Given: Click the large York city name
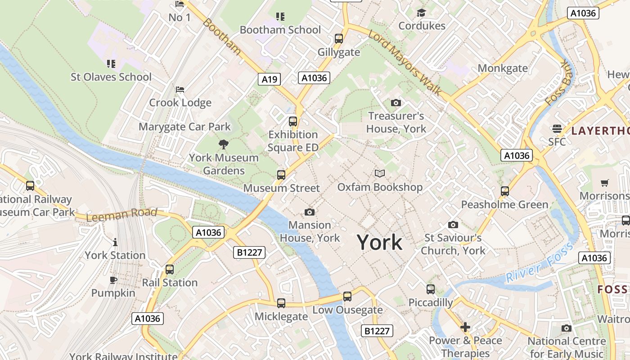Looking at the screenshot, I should tap(379, 243).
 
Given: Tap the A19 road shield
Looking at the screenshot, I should tap(270, 79).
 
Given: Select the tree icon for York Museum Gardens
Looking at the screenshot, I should tap(223, 144).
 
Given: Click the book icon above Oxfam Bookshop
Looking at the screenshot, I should tap(380, 173).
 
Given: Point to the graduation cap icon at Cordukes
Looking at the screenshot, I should tap(421, 13).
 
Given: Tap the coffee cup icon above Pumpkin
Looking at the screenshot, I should tap(113, 280).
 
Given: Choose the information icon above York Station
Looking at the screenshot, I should tap(115, 242).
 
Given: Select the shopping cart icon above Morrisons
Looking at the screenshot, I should tap(605, 183).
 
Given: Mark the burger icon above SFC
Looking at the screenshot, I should tap(557, 129).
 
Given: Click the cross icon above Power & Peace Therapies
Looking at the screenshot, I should tap(465, 327).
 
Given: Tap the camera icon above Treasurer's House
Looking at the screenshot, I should tap(396, 103).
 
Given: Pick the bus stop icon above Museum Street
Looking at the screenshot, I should tap(281, 175).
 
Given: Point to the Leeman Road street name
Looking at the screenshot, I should tap(121, 214).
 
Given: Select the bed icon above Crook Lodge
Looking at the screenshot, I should tap(180, 90).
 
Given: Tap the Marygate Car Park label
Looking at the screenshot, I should tap(184, 126).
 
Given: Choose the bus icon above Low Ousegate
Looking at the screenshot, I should tap(347, 296).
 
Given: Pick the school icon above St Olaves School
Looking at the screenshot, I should tap(111, 64).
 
